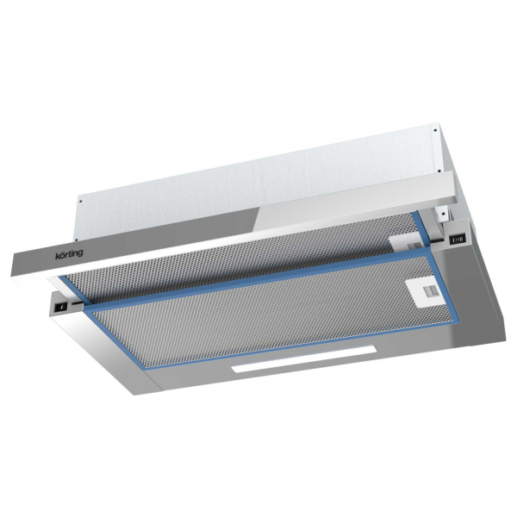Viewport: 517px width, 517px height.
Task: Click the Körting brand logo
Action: [x=69, y=254]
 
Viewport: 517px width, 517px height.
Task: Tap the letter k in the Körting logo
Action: [x=57, y=256]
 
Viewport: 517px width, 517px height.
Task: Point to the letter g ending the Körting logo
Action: [x=80, y=254]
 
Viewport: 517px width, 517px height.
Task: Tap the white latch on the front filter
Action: [x=427, y=293]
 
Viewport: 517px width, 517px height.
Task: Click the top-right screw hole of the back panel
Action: [x=435, y=130]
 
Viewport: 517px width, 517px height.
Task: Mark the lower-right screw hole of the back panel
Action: [x=439, y=171]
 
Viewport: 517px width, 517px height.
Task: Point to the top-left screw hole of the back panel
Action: [x=81, y=200]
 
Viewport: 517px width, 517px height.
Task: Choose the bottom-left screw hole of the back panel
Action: [x=76, y=240]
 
